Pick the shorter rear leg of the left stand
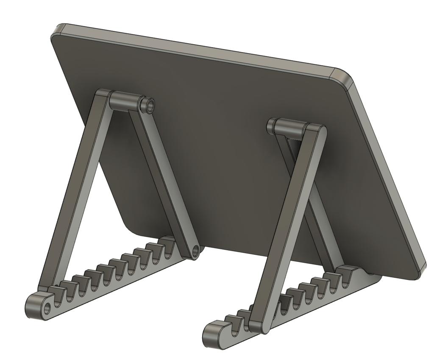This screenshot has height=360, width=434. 163,178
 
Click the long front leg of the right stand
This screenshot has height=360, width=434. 288,225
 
